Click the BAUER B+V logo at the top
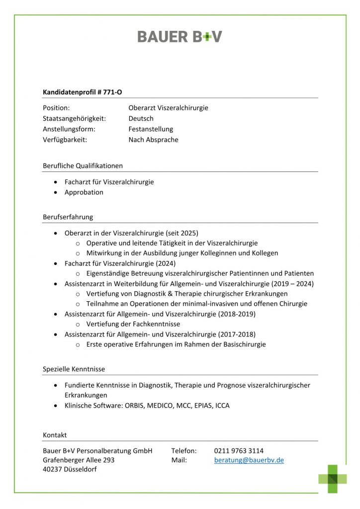tap(180, 36)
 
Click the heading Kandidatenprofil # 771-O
tap(82, 92)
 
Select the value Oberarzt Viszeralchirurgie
tap(168, 108)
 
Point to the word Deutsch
tap(141, 118)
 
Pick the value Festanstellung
tap(151, 129)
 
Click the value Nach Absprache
tap(153, 140)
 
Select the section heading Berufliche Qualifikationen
tap(83, 166)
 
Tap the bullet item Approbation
tap(84, 192)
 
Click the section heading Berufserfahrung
tap(68, 217)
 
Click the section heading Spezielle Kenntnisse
tap(74, 369)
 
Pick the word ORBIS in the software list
tap(136, 406)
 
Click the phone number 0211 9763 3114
tap(239, 451)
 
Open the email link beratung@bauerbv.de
tap(249, 460)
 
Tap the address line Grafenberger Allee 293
tap(79, 460)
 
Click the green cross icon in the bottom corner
tap(333, 479)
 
